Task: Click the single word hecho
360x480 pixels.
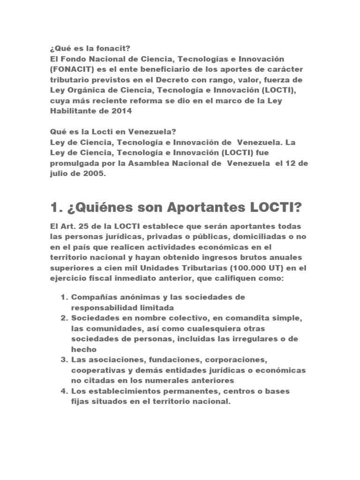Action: [84, 349]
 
